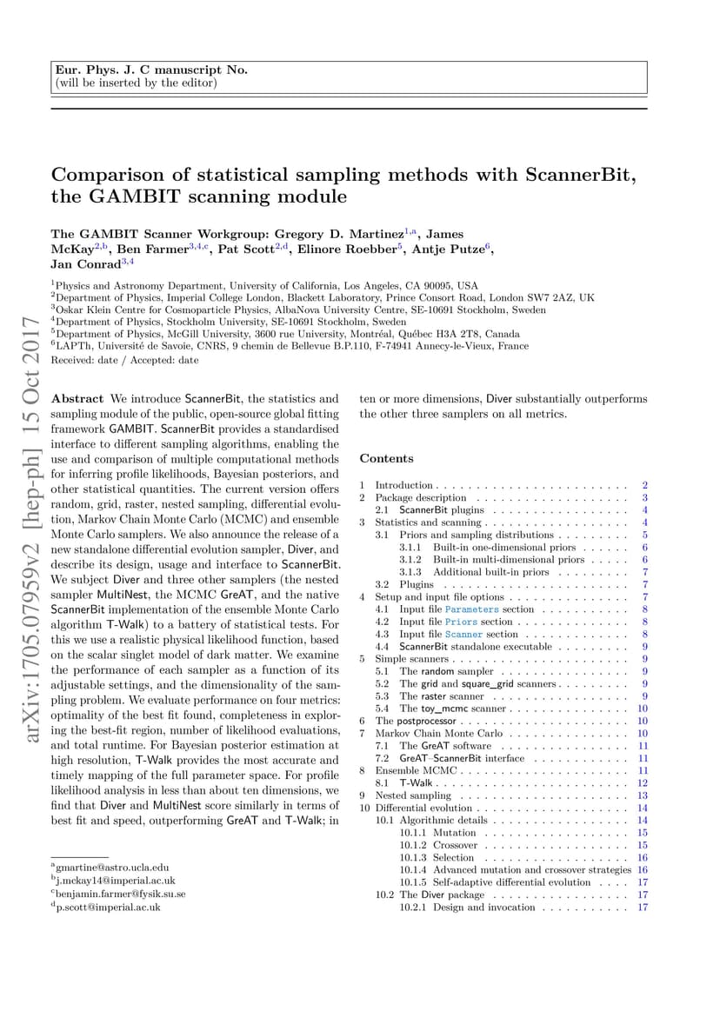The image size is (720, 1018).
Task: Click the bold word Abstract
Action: (x=77, y=399)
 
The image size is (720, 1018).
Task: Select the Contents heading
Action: (x=386, y=458)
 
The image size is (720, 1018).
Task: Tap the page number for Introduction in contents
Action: (x=644, y=485)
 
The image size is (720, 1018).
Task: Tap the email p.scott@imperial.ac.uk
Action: (x=108, y=906)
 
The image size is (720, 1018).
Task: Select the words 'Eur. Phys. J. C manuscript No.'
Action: (x=151, y=70)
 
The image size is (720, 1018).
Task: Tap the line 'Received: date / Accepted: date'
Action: (x=124, y=359)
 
